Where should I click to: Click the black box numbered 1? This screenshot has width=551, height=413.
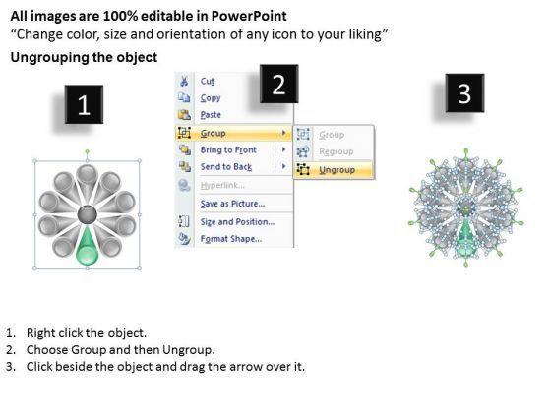pyautogui.click(x=84, y=104)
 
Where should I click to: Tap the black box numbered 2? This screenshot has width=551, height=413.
pyautogui.click(x=279, y=84)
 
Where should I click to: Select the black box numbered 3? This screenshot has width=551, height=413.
pyautogui.click(x=464, y=93)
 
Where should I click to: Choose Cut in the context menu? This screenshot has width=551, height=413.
pyautogui.click(x=207, y=81)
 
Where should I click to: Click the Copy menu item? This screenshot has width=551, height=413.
pyautogui.click(x=211, y=98)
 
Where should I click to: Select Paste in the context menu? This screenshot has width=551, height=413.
pyautogui.click(x=211, y=115)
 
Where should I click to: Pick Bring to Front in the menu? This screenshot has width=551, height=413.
pyautogui.click(x=228, y=149)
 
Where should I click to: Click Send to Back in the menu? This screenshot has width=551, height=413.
pyautogui.click(x=226, y=167)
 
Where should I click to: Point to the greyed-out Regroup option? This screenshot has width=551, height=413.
pyautogui.click(x=336, y=151)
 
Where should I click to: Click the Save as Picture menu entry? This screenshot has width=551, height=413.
pyautogui.click(x=232, y=204)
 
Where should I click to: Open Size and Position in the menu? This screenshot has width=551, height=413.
pyautogui.click(x=237, y=222)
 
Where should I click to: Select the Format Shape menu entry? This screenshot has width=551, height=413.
pyautogui.click(x=231, y=239)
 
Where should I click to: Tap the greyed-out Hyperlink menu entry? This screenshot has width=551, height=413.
pyautogui.click(x=222, y=185)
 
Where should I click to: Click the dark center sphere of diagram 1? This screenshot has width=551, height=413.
pyautogui.click(x=87, y=214)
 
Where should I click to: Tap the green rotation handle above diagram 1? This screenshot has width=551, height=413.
pyautogui.click(x=88, y=152)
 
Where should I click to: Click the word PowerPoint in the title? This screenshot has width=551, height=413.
pyautogui.click(x=249, y=16)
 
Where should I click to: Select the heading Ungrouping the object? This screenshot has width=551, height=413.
pyautogui.click(x=84, y=57)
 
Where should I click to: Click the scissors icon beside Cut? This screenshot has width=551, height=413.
pyautogui.click(x=184, y=81)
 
